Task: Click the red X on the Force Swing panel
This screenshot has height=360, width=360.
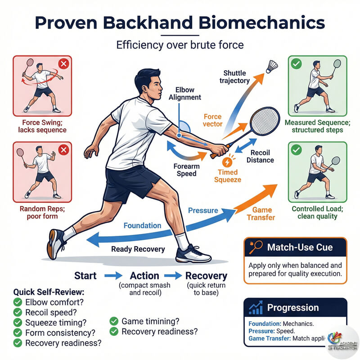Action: click(x=63, y=64)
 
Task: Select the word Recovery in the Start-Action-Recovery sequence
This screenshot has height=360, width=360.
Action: click(x=206, y=276)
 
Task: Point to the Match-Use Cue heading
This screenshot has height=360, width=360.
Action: click(x=300, y=247)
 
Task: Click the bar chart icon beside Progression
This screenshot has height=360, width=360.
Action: click(x=256, y=308)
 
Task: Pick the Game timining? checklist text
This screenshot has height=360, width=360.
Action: click(x=150, y=321)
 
